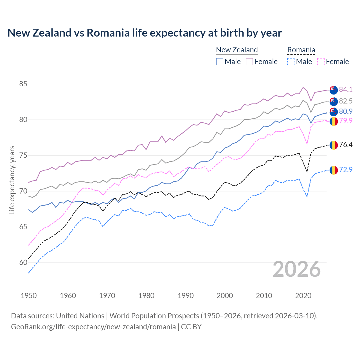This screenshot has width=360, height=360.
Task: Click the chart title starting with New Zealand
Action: click(x=145, y=33)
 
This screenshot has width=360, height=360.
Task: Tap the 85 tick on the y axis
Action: click(x=23, y=84)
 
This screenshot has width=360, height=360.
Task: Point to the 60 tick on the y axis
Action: click(x=23, y=262)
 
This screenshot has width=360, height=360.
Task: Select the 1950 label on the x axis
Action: click(x=29, y=296)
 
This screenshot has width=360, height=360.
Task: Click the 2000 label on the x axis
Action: click(x=225, y=296)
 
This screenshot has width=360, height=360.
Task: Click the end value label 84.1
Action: click(x=346, y=89)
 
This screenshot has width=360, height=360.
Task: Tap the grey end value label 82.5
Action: click(x=346, y=101)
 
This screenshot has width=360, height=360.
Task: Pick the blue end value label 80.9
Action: click(x=346, y=111)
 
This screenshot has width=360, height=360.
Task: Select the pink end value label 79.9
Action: click(x=346, y=121)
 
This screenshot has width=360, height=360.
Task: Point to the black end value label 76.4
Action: click(x=346, y=145)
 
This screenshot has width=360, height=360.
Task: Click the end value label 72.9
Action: click(x=346, y=170)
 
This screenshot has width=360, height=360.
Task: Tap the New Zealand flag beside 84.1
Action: click(x=334, y=90)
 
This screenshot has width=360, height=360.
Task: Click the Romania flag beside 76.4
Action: click(x=334, y=145)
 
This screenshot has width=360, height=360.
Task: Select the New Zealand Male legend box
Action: click(x=220, y=62)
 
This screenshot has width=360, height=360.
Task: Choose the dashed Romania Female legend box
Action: click(x=321, y=62)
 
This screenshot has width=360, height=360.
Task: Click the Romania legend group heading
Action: click(x=301, y=50)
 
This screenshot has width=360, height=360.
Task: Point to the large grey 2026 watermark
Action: click(x=297, y=269)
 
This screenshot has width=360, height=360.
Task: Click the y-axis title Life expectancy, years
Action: click(x=12, y=180)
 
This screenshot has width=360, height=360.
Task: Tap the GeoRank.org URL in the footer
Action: click(x=93, y=327)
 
